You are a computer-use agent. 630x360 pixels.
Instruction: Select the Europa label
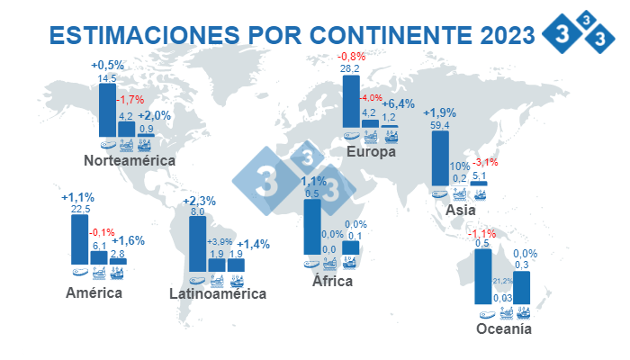pos(372,152)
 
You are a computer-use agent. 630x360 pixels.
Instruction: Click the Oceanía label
pos(504,329)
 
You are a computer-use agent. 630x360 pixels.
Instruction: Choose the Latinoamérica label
pos(218,293)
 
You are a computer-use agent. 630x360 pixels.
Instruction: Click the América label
pos(94,293)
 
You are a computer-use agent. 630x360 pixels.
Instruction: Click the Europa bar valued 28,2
pos(352,102)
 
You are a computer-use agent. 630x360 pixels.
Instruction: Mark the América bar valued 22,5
pos(80,239)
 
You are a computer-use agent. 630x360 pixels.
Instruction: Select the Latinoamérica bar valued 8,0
pos(197,243)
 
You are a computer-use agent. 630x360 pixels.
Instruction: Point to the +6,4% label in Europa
pos(397,103)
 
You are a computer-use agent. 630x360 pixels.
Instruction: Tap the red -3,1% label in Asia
pos(486,161)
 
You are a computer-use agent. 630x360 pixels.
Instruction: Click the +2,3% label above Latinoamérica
pos(198,201)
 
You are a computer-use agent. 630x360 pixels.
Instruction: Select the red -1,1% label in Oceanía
pos(481,233)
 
